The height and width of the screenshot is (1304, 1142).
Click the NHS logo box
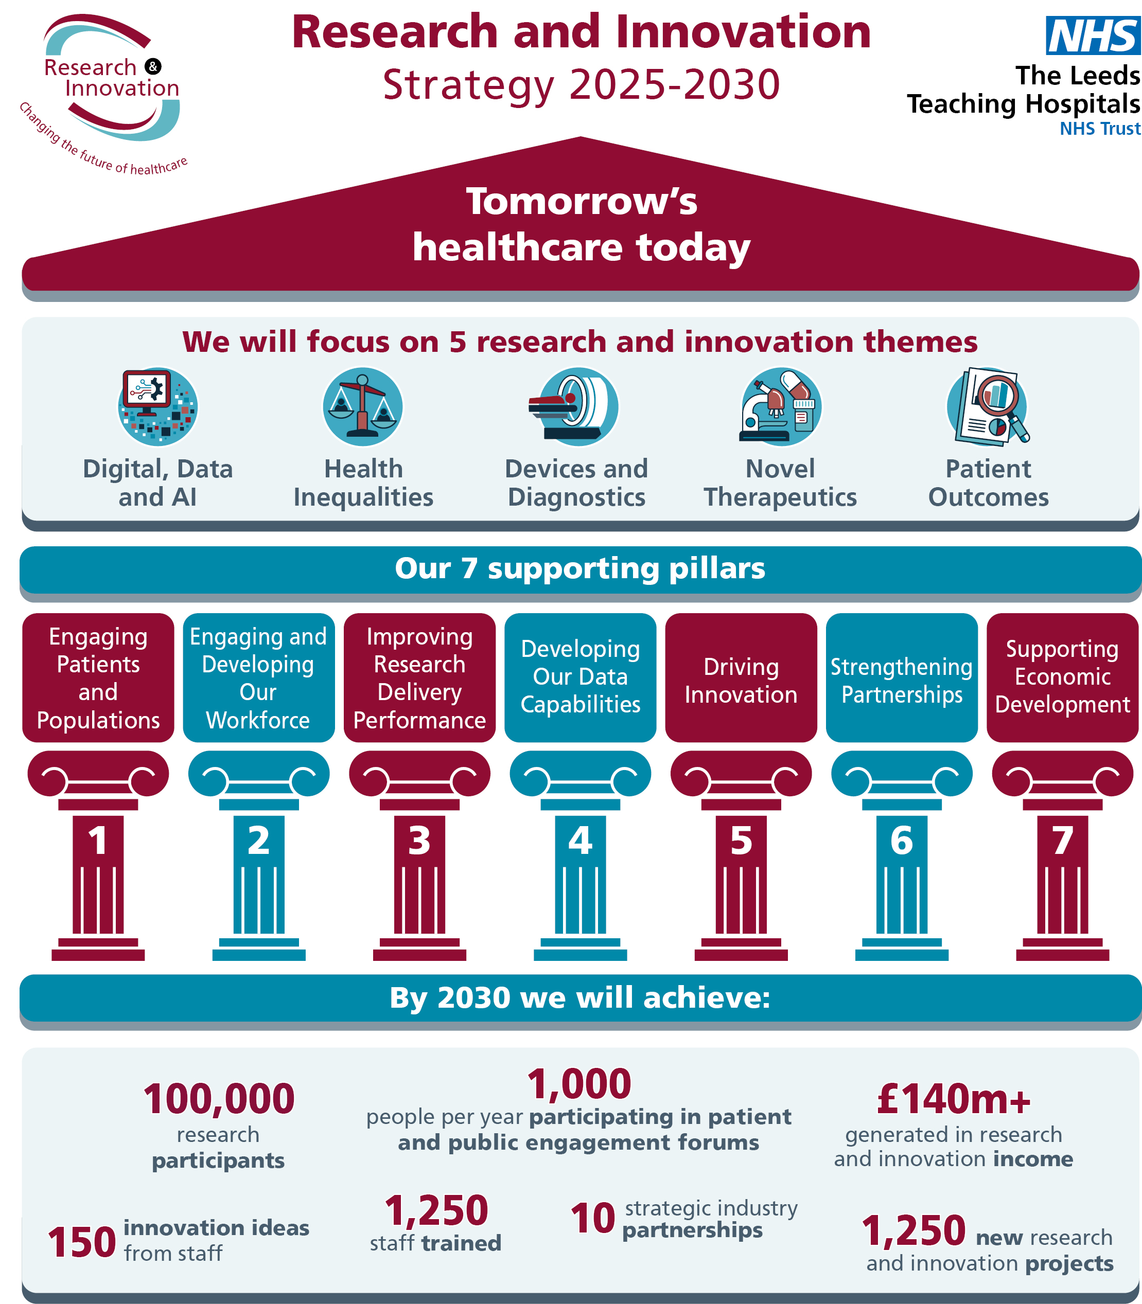[1092, 35]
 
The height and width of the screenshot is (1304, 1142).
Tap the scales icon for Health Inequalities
[363, 407]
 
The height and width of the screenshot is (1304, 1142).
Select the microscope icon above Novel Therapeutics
[781, 407]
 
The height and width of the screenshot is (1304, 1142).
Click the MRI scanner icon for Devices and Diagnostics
[577, 407]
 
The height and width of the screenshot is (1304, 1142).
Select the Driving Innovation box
[741, 678]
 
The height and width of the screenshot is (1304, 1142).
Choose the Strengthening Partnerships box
[901, 678]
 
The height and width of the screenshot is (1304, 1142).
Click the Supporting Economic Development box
[1062, 678]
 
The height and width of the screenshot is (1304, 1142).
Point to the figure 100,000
[219, 1099]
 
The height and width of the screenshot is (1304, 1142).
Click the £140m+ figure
[953, 1099]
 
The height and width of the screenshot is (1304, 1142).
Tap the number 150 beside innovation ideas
[81, 1243]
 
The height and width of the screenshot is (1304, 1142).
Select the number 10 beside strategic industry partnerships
[593, 1218]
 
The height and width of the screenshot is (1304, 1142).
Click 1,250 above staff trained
[436, 1210]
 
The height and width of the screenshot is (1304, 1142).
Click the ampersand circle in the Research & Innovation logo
[153, 66]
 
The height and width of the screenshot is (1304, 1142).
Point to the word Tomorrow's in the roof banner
[581, 201]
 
